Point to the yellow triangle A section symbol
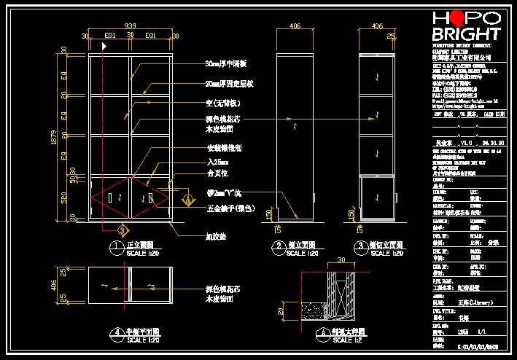pos(187,197)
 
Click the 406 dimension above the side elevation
pos(295,26)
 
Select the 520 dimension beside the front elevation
pos(64,197)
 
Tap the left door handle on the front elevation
pos(109,198)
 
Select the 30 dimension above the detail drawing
pos(341,260)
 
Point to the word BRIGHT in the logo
pos(467,34)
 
